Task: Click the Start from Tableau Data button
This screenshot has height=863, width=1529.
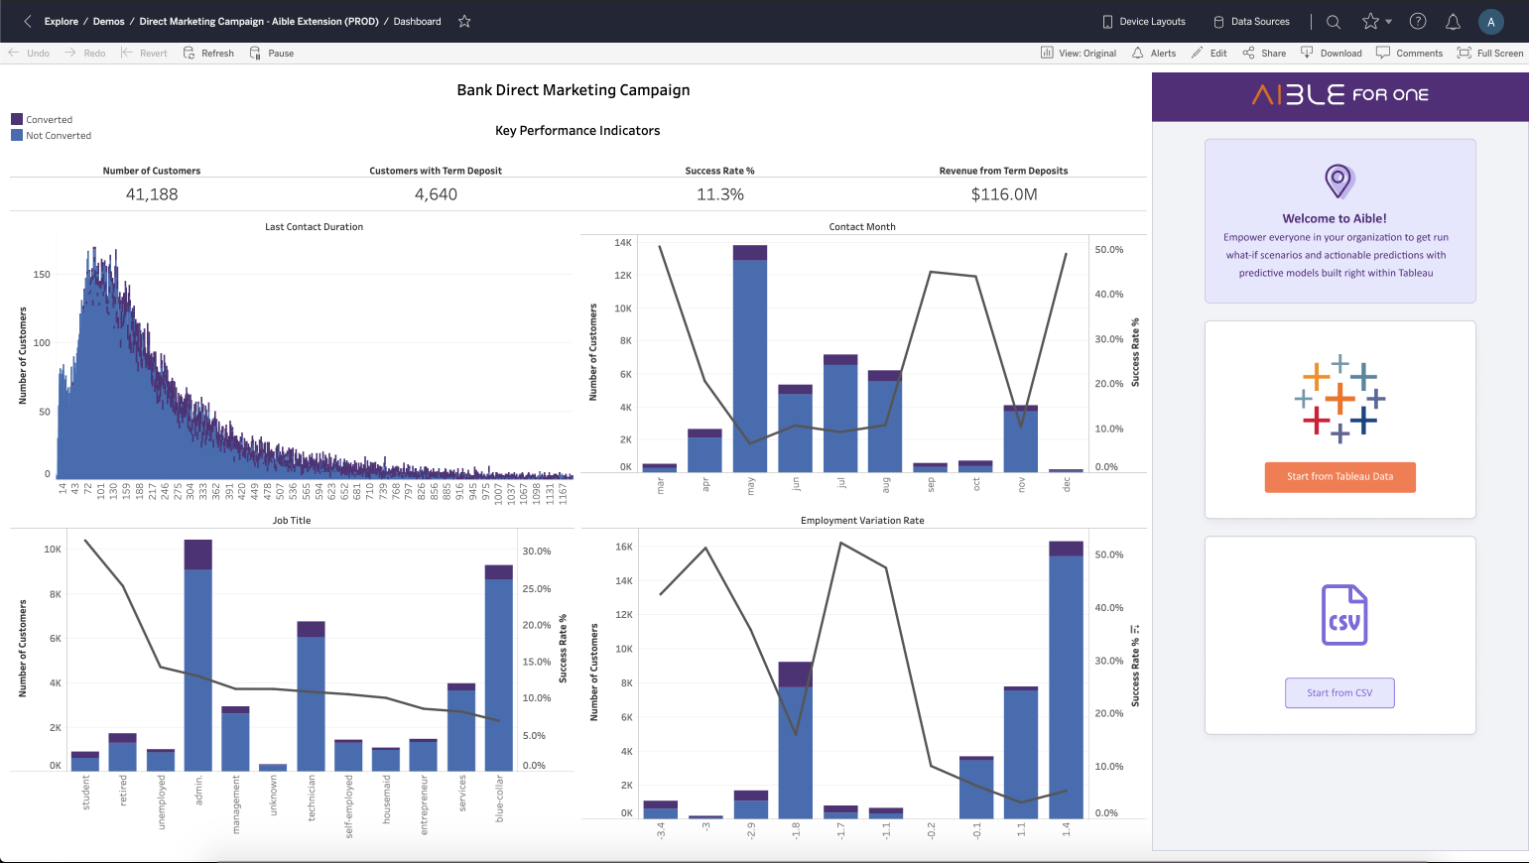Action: tap(1339, 477)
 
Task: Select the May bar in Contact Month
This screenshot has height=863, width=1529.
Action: tap(750, 367)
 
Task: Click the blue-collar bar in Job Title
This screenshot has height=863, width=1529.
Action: tap(498, 675)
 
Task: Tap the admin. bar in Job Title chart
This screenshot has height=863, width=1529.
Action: tap(197, 665)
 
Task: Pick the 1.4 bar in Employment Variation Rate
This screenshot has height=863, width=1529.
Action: tap(1066, 684)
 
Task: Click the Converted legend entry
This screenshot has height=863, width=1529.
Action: tap(49, 120)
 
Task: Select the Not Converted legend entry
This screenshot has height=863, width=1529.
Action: tap(58, 136)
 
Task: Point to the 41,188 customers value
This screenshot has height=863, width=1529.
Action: tap(152, 194)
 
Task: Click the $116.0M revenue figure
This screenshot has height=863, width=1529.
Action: tap(1004, 194)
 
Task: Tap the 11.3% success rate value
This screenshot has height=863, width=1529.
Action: tap(720, 194)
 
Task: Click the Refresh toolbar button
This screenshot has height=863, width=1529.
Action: tap(209, 54)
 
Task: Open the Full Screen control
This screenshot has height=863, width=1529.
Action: tap(1490, 54)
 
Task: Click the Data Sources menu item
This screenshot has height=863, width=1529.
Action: tap(1252, 22)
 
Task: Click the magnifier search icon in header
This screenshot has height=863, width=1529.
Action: tap(1334, 22)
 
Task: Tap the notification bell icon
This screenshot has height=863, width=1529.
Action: tap(1453, 22)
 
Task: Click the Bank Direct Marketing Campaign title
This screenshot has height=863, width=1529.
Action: tap(573, 90)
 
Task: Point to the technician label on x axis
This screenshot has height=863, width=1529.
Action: tap(312, 798)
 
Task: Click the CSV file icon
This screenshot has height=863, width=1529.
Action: tap(1344, 615)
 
